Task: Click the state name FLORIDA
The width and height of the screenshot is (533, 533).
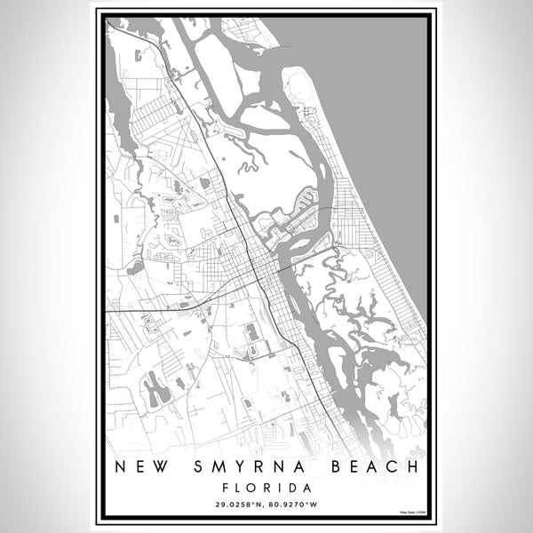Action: click(266, 488)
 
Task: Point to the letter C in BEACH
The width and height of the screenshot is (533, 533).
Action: click(398, 466)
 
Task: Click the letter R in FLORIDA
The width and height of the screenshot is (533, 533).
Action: click(269, 488)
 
